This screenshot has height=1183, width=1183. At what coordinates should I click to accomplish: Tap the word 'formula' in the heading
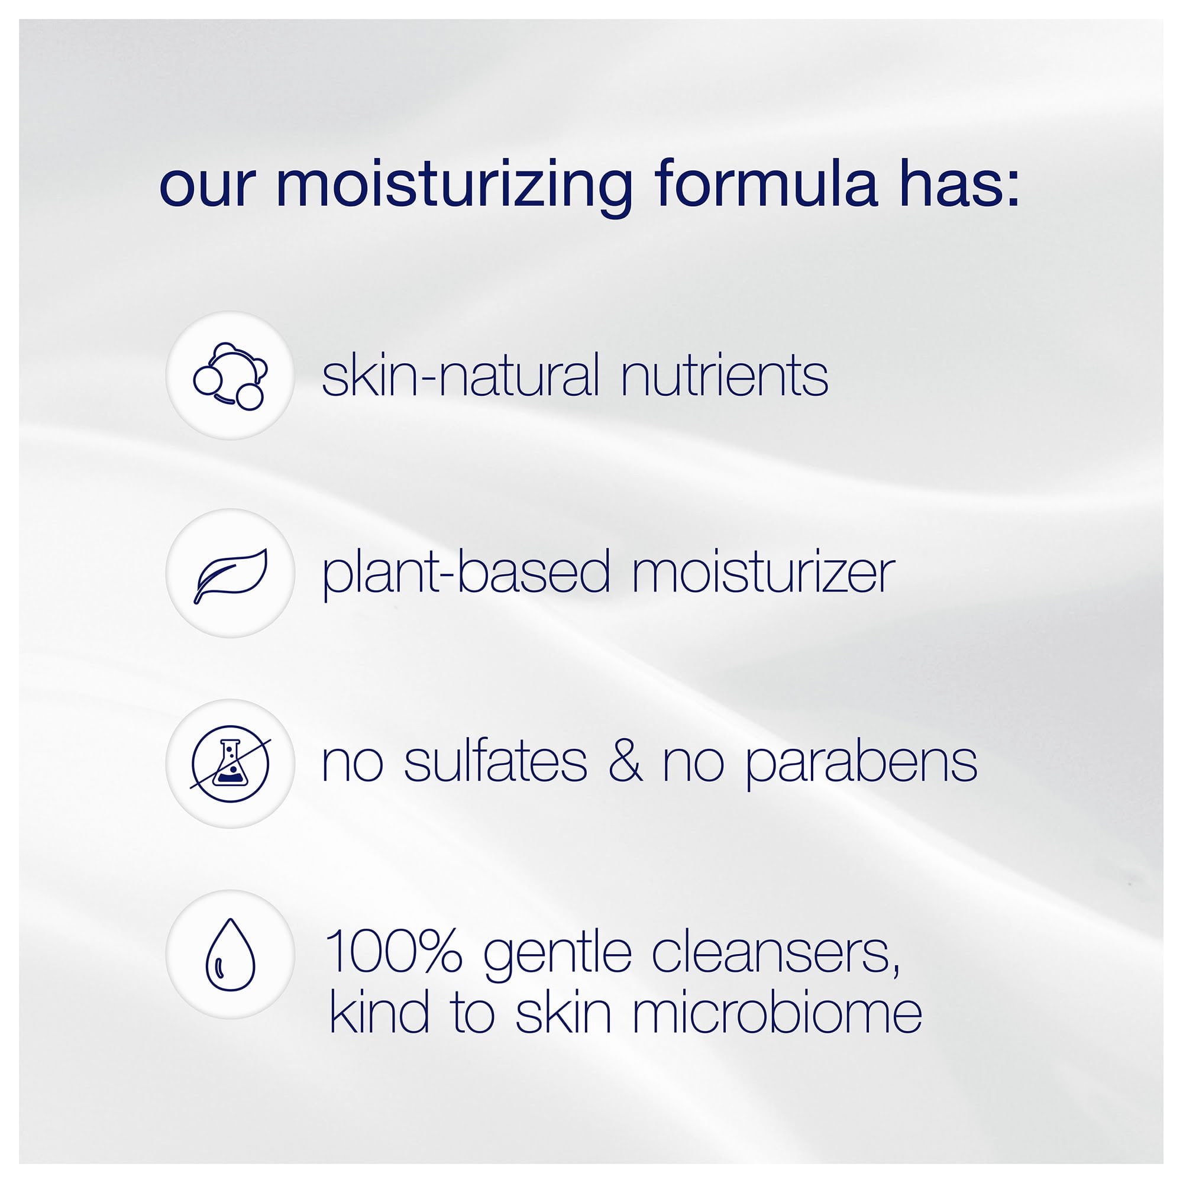766,182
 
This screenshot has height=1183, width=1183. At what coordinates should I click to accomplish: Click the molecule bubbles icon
230,376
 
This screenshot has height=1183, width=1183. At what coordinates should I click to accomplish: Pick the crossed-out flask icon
230,764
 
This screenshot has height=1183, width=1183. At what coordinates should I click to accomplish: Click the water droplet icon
230,955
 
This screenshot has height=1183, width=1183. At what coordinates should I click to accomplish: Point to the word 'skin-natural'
460,376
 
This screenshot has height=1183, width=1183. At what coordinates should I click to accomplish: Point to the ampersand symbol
625,763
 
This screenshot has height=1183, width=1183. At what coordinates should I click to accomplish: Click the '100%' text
394,951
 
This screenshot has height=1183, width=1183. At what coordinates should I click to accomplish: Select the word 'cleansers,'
776,952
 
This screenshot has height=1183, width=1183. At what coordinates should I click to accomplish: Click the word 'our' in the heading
206,187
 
